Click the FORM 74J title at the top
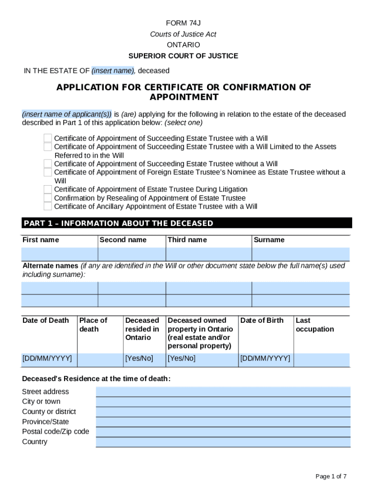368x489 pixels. pos(184,23)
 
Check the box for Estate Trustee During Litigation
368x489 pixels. pos(48,189)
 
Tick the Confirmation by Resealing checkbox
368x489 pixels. pos(48,198)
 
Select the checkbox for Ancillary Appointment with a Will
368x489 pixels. pos(48,206)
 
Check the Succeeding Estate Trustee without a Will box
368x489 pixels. pos(48,164)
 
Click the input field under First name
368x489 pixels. pos(59,254)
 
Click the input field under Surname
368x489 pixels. pos(301,254)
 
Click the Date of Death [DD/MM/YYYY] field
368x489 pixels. pos(47,359)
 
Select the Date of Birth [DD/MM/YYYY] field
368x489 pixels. pos(265,359)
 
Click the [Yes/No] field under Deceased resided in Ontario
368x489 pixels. pos(144,359)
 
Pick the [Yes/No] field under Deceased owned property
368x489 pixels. pos(202,359)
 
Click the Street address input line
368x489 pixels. pos(223,392)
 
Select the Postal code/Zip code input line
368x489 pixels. pos(223,432)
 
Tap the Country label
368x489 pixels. pos(35,442)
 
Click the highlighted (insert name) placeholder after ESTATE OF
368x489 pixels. pos(113,71)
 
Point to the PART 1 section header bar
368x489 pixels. pos(187,223)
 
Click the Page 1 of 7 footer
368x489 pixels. pos(331,476)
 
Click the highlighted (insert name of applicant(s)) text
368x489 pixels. pos(67,114)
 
